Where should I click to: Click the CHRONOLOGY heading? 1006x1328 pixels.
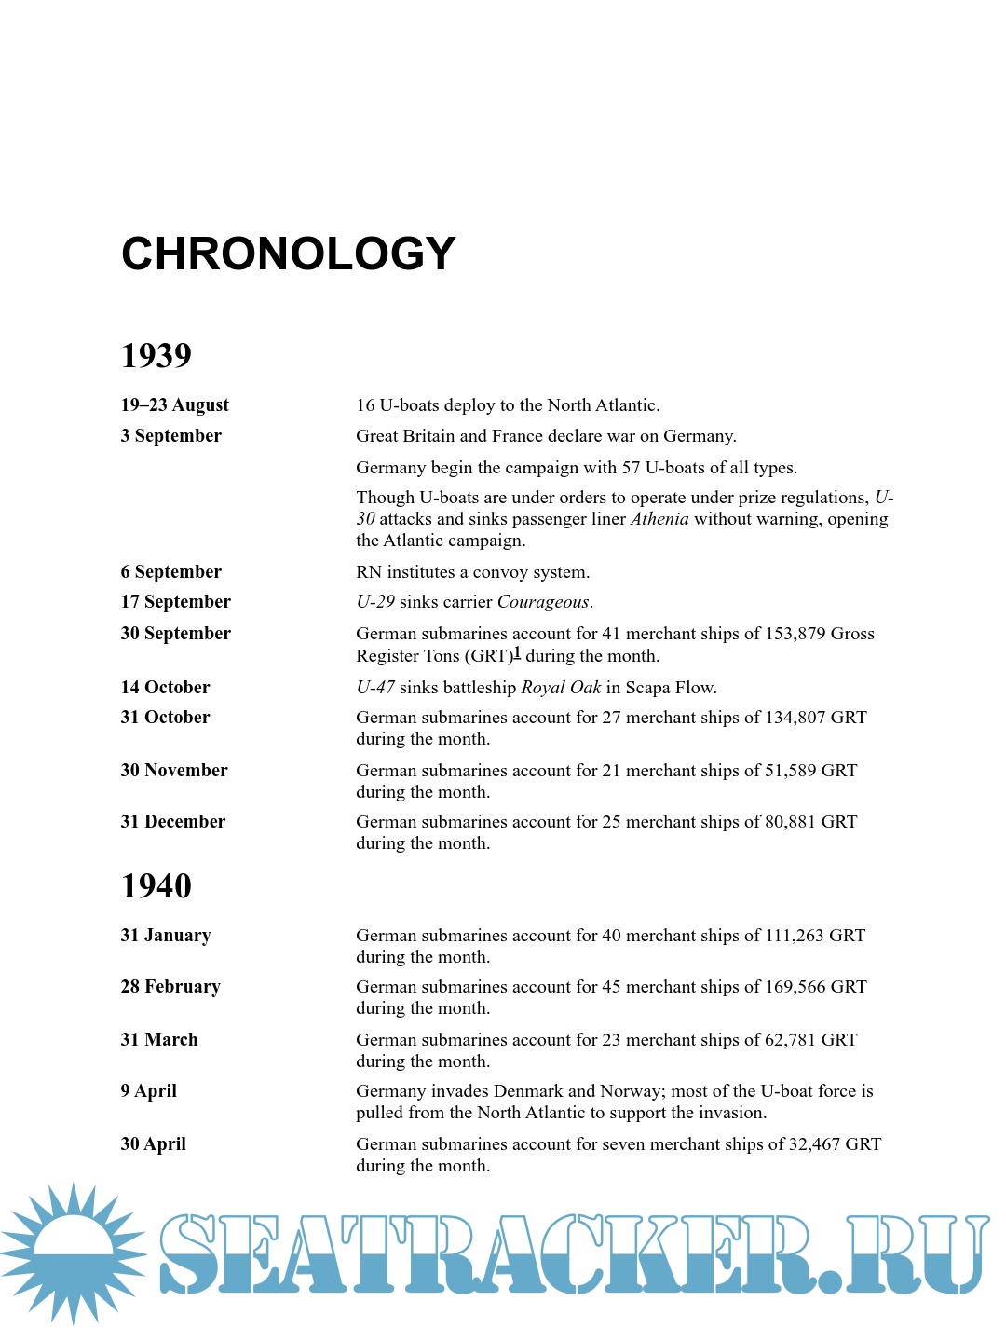289,253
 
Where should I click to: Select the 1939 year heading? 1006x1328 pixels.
156,355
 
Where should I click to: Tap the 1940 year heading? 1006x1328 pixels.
156,885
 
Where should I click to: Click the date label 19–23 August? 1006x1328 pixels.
174,405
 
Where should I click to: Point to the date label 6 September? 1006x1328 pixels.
170,572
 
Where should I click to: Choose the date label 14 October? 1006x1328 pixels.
165,688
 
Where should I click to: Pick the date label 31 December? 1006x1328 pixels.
172,822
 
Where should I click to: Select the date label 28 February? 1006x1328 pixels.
170,987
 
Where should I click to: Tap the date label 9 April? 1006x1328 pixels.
148,1091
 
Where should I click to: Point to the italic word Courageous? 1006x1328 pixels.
543,602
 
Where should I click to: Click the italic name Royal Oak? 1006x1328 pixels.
561,688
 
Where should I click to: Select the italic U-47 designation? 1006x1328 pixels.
375,688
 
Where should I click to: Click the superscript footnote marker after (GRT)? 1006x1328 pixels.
517,652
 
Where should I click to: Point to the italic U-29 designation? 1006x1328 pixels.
375,602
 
